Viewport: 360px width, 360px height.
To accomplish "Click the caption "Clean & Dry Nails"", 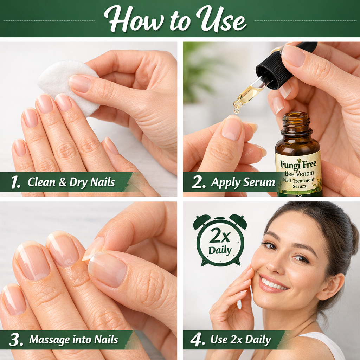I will pos(71,182).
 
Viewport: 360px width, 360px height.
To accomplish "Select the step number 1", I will pos(16,182).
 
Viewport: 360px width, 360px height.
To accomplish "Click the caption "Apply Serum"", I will pos(243,182).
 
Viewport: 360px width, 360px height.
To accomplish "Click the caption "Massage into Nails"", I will pos(73,340).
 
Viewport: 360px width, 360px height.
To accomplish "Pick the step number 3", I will pos(16,340).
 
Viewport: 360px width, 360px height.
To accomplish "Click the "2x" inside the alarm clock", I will pos(220,237).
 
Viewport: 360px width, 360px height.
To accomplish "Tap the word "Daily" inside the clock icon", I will pos(220,250).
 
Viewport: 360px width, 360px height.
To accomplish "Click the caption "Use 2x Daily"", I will pos(240,340).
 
